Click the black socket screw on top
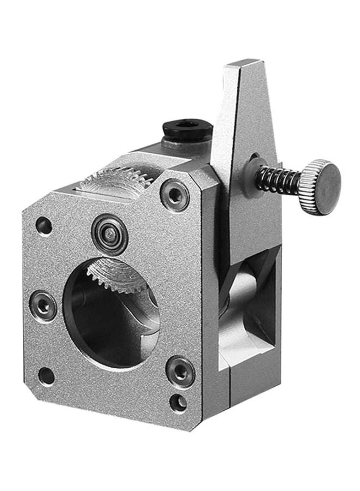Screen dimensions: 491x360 point(187,131)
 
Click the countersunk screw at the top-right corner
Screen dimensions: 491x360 point(176,195)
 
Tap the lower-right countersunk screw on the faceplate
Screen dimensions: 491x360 point(180,371)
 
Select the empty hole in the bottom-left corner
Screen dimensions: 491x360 point(46,375)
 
